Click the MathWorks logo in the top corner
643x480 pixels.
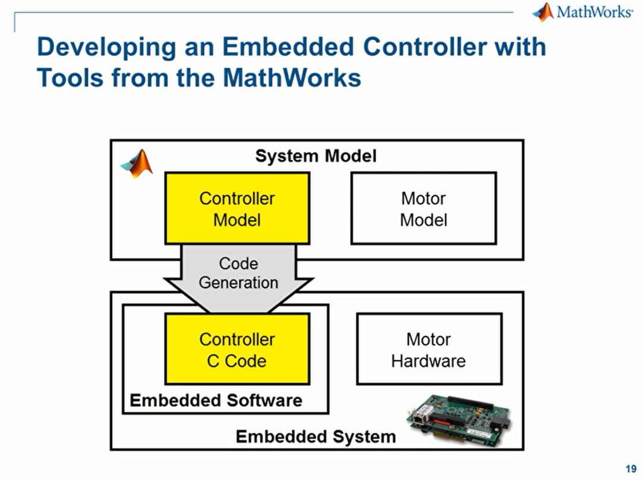[x=582, y=12]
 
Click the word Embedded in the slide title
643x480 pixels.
[x=288, y=46]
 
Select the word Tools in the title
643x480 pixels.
[x=70, y=78]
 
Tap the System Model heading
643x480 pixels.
[x=316, y=156]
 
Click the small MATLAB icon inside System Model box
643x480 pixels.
[x=137, y=164]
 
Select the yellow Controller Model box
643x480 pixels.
[x=237, y=208]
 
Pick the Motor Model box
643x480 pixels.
[x=424, y=208]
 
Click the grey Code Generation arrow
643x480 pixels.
[x=239, y=278]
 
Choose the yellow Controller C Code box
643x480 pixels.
[x=237, y=349]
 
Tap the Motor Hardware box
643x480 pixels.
[x=429, y=349]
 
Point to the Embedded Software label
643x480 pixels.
[x=216, y=400]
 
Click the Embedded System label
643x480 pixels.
[x=316, y=437]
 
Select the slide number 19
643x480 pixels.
[x=631, y=469]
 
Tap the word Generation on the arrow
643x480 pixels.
[x=238, y=283]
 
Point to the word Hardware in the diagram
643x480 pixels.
[x=429, y=361]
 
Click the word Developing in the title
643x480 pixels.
[x=107, y=48]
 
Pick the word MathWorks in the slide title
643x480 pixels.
[x=292, y=78]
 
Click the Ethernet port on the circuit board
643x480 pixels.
[x=419, y=417]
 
